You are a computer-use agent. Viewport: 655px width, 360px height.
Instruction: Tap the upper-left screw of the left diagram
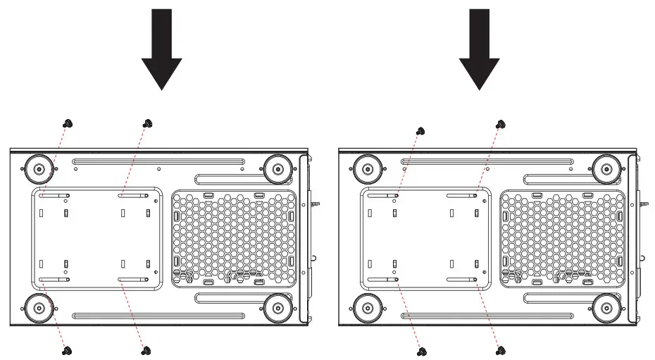point(68,123)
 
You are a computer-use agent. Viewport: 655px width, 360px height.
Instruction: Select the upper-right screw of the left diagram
point(147,123)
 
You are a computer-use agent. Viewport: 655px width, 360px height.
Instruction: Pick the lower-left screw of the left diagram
point(68,349)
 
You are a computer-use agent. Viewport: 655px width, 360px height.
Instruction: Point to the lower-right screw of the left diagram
point(147,349)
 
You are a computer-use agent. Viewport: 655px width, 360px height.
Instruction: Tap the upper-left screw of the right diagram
point(420,130)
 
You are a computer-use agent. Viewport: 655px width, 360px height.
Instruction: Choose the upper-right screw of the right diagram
point(501,124)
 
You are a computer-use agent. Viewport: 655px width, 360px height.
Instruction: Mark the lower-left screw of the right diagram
point(420,350)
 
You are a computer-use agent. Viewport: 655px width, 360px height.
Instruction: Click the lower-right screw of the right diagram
point(501,350)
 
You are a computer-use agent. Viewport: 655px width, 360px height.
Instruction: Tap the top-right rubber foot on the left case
point(275,168)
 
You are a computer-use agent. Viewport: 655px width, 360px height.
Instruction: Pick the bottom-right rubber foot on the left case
point(275,307)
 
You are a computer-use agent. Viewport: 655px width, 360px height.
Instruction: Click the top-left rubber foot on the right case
point(366,168)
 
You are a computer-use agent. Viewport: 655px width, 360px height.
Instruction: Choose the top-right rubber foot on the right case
point(605,168)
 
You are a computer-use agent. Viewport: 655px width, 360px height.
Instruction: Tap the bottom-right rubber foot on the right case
point(605,307)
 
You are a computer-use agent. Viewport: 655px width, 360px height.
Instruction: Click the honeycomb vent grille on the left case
point(234,238)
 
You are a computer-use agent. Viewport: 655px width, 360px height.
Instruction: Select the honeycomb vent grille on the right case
point(563,238)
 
